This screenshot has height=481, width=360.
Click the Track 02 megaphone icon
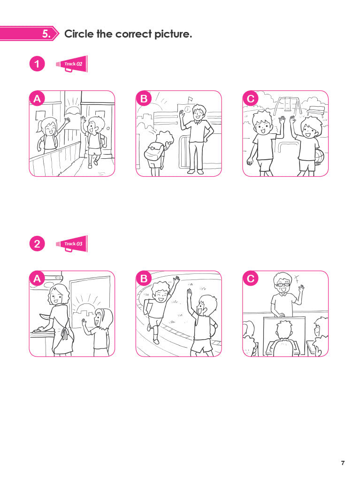[72, 64]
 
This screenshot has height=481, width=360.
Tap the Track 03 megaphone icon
[72, 244]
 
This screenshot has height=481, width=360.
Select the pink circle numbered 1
[37, 64]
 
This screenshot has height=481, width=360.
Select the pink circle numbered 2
[37, 244]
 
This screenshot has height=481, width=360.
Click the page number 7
[343, 463]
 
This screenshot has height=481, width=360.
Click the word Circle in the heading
[79, 34]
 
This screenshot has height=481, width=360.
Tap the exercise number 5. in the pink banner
[46, 34]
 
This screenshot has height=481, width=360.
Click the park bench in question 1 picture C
[315, 111]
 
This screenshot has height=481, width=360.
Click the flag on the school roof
[190, 99]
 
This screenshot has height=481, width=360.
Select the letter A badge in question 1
[37, 99]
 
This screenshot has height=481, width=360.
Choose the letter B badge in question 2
[144, 279]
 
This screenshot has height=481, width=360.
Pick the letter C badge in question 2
[251, 279]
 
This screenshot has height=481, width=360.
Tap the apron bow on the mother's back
[64, 334]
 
